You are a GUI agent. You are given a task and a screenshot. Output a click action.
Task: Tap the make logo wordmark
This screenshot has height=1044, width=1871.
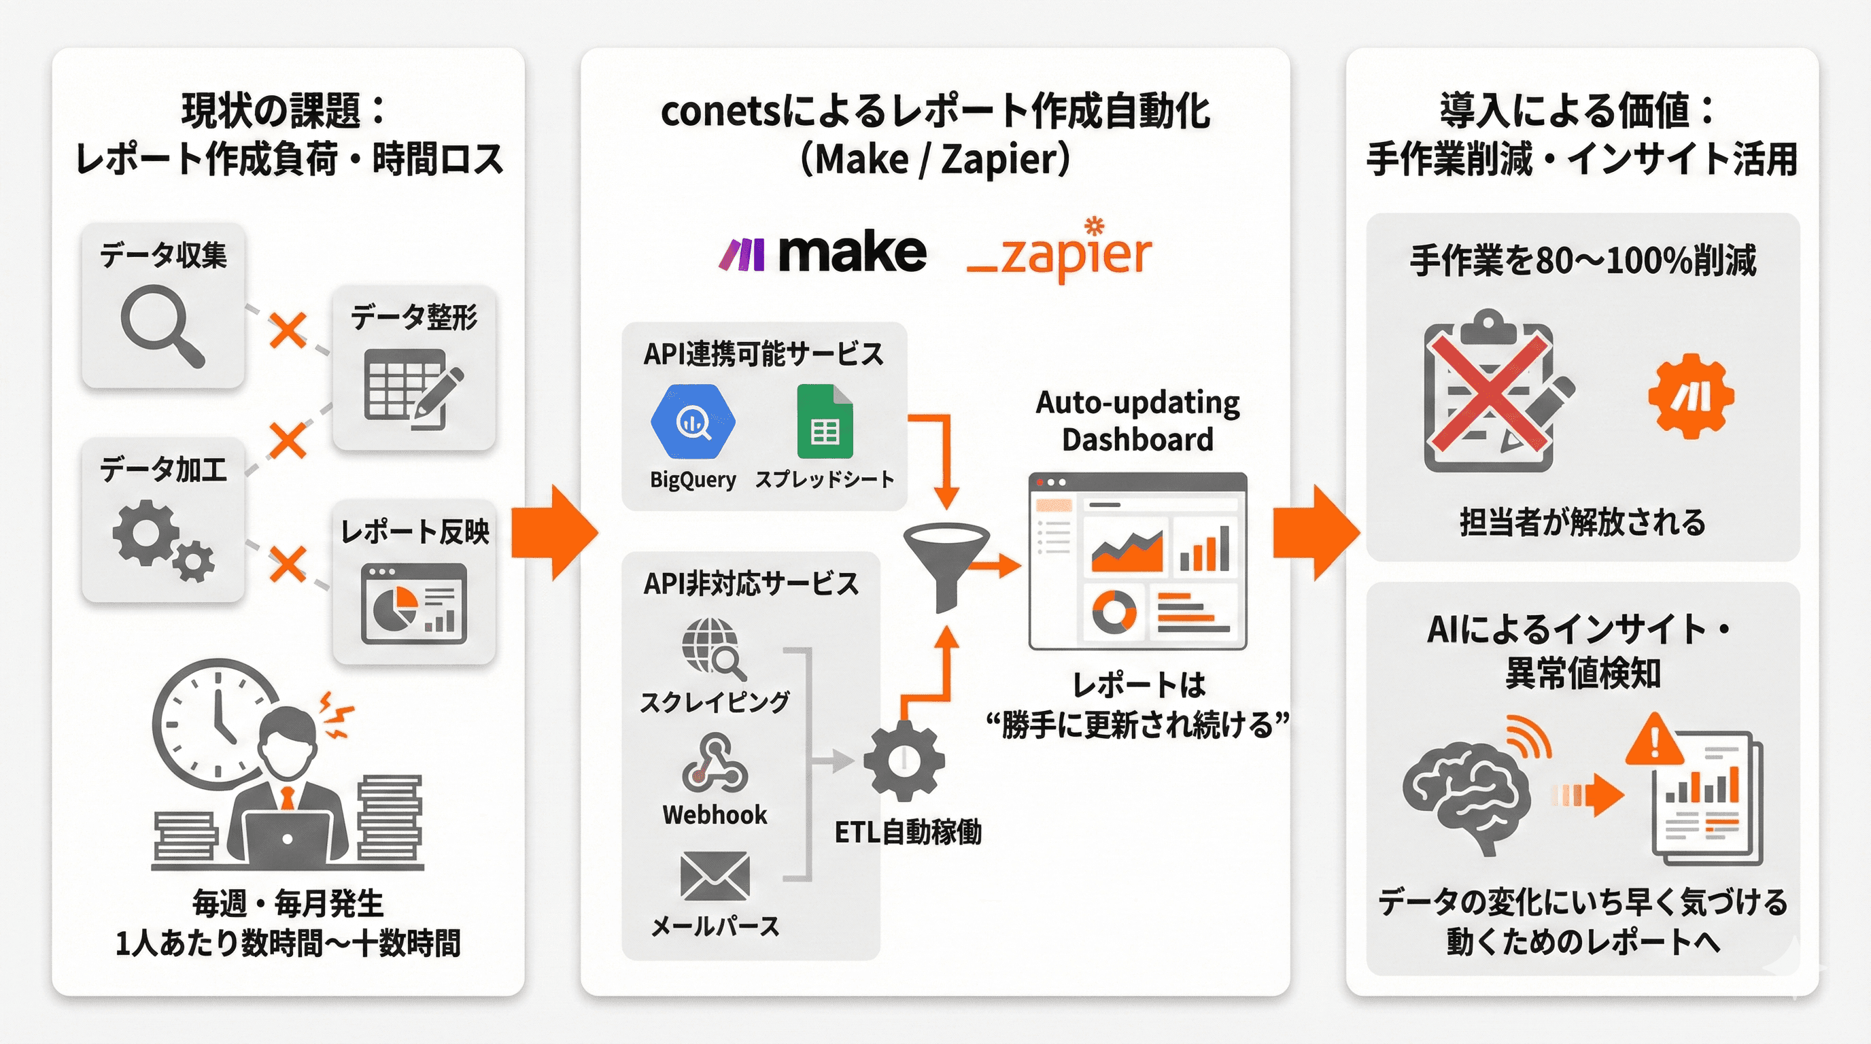click(x=851, y=254)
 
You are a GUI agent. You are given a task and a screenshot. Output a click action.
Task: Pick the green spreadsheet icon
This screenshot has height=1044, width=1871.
click(x=825, y=423)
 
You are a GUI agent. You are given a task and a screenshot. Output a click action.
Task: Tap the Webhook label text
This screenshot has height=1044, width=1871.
click(x=715, y=814)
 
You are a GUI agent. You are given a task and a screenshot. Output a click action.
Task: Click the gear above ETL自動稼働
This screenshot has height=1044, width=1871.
click(x=904, y=761)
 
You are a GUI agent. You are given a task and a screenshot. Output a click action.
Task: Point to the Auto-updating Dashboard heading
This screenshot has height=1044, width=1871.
click(x=1137, y=421)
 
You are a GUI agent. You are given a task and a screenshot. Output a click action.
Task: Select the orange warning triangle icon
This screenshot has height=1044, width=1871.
click(x=1655, y=739)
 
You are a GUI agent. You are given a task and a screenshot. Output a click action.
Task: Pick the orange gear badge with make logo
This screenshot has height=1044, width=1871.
click(x=1691, y=396)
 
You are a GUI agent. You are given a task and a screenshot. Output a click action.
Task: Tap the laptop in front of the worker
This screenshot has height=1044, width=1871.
click(x=287, y=839)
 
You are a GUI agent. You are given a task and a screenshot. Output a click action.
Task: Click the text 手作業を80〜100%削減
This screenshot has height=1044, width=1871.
click(x=1583, y=260)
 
